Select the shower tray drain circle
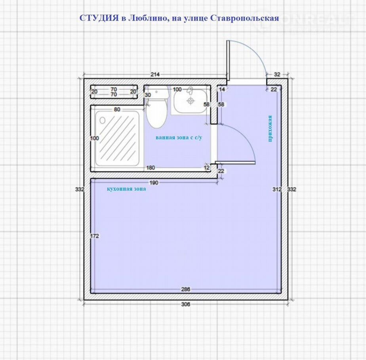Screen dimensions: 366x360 (x=103, y=120)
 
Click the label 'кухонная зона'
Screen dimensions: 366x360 (x=126, y=189)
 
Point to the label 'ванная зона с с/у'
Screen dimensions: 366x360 (x=179, y=138)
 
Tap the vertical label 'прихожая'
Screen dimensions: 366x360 (x=270, y=129)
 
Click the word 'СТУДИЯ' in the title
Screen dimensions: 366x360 (x=99, y=18)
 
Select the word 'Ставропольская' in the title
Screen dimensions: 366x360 (x=245, y=18)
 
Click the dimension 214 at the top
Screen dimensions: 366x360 (x=155, y=74)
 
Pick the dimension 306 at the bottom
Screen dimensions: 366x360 (x=185, y=304)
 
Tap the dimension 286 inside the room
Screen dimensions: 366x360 (x=185, y=289)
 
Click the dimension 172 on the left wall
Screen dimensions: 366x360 (x=95, y=236)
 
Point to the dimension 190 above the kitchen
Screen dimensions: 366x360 (x=154, y=182)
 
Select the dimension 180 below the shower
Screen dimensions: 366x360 (x=151, y=168)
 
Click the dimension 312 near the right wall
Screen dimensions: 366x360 (x=277, y=189)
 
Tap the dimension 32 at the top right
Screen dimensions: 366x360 (x=277, y=74)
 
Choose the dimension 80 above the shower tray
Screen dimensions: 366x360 (x=117, y=109)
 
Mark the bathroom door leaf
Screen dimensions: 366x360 (x=235, y=163)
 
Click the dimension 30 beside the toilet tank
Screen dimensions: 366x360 (x=148, y=95)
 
